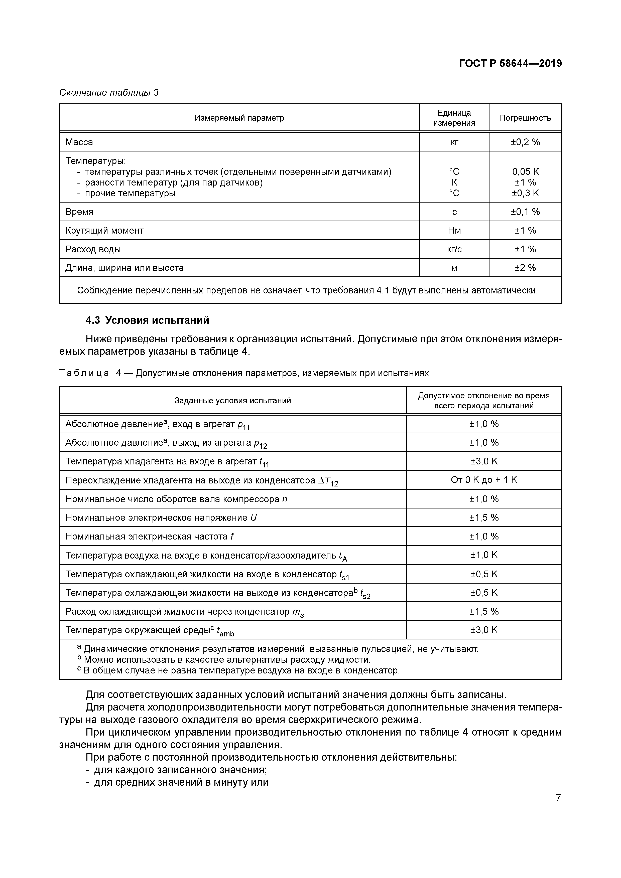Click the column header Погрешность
[x=525, y=118]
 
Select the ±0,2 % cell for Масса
[x=525, y=142]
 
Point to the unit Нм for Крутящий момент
[x=454, y=231]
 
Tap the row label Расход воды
[x=93, y=249]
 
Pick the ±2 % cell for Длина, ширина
[x=525, y=268]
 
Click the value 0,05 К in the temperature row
[x=525, y=172]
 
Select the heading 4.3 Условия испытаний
[x=147, y=320]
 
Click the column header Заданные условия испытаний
[x=233, y=400]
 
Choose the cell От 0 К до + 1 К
[x=484, y=480]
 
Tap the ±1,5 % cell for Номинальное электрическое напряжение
[x=484, y=517]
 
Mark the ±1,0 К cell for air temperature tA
[x=484, y=555]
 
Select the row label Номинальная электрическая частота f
[x=149, y=536]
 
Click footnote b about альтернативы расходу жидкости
[x=226, y=660]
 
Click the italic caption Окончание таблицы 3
[x=109, y=93]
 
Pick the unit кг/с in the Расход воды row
[x=454, y=249]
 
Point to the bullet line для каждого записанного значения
[x=180, y=770]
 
